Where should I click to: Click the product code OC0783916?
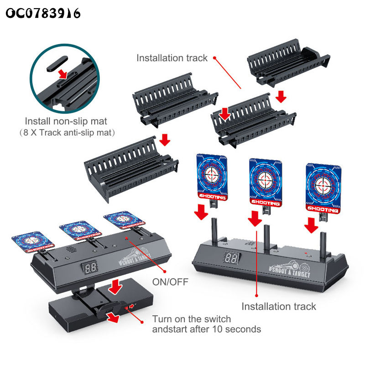pyautogui.click(x=43, y=13)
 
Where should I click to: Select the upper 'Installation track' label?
pyautogui.click(x=172, y=58)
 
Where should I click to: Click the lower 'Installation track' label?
pyautogui.click(x=278, y=306)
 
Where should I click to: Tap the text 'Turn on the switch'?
pyautogui.click(x=192, y=319)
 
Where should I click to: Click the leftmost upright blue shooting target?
pyautogui.click(x=212, y=176)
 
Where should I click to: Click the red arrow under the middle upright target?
pyautogui.click(x=255, y=219)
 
